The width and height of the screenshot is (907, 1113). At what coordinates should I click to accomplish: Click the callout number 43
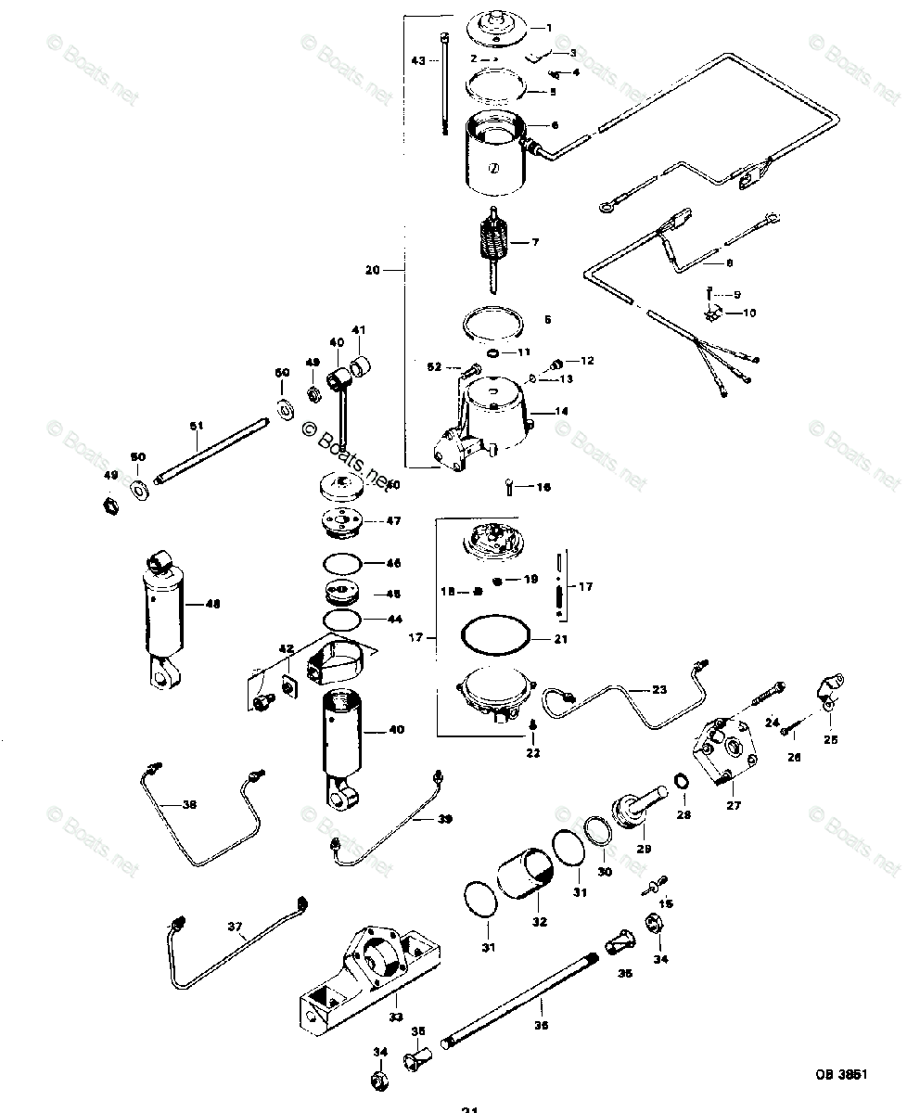[418, 60]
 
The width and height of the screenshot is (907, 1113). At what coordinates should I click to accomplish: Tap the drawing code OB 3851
[841, 1075]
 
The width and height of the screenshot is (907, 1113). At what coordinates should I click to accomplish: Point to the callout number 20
[373, 271]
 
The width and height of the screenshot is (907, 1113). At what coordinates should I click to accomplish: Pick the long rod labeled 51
[212, 452]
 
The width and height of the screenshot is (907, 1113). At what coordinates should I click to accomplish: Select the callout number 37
[236, 926]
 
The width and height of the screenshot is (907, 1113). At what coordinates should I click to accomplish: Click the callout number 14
[562, 411]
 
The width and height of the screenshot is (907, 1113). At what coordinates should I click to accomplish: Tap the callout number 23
[658, 690]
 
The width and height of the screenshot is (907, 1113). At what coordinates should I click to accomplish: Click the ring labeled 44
[340, 619]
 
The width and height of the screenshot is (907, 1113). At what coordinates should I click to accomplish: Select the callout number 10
[748, 313]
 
